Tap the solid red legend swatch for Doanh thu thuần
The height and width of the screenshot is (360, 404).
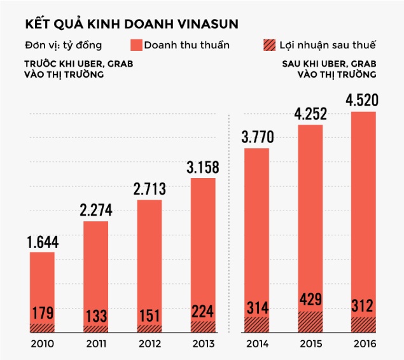tap(136, 45)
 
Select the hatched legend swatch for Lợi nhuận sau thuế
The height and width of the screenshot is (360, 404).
tap(270, 45)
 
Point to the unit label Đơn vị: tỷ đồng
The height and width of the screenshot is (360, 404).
tap(63, 46)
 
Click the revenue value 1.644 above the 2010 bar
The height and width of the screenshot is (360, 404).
tap(41, 242)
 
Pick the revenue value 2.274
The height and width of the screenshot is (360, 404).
tap(95, 211)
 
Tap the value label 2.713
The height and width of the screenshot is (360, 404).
tap(150, 190)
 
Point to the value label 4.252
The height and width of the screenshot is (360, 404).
tap(310, 115)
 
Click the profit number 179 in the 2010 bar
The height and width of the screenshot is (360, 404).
tap(41, 313)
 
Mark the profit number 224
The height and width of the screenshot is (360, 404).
tap(203, 310)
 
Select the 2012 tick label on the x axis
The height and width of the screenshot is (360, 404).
tap(150, 344)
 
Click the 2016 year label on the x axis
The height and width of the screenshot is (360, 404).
tap(364, 344)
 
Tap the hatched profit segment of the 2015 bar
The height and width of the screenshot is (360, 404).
tap(310, 322)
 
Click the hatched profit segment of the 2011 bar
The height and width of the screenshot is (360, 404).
tap(95, 329)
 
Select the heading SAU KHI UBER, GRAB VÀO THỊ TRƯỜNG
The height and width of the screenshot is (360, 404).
tap(328, 69)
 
